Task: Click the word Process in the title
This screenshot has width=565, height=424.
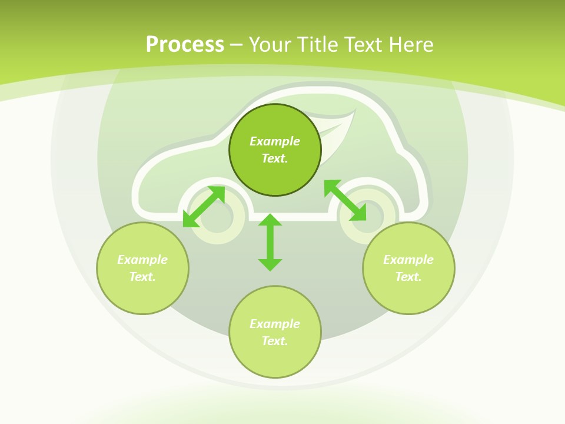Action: point(185,45)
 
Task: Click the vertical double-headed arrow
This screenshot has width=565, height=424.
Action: point(270,243)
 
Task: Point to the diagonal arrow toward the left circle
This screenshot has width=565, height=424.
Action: point(204,207)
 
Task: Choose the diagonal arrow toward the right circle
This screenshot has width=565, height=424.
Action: point(345,200)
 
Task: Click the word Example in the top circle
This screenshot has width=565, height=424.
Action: point(275,141)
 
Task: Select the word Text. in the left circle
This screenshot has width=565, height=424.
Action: point(142,277)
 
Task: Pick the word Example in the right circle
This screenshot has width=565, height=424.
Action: point(408,260)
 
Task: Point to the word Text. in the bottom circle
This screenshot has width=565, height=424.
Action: point(275,341)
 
